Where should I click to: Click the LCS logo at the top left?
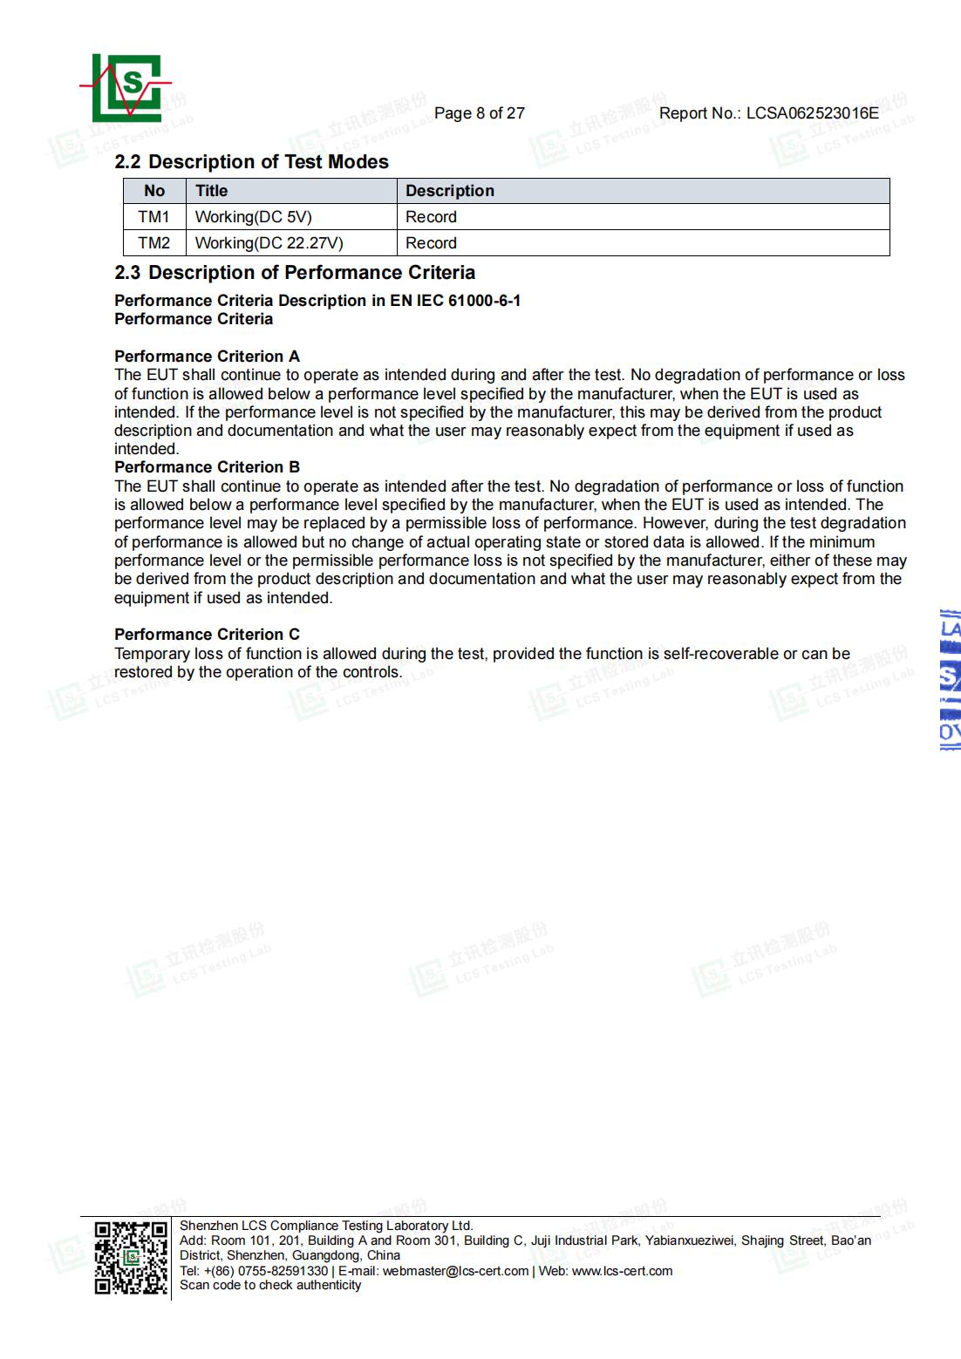click(x=126, y=87)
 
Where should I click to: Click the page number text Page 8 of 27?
click(x=479, y=113)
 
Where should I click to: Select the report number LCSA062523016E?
click(x=812, y=113)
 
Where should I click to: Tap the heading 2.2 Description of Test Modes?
click(x=251, y=162)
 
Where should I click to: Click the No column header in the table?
click(x=154, y=191)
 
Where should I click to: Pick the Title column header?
click(x=211, y=191)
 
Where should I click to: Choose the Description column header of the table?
click(x=449, y=191)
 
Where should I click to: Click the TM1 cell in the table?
click(x=153, y=217)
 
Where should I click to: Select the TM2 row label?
click(x=153, y=243)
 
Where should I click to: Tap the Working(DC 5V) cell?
click(x=253, y=217)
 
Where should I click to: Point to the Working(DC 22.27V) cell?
click(x=269, y=243)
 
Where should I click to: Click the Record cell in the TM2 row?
click(x=431, y=243)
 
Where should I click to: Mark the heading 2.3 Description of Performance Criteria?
click(x=295, y=273)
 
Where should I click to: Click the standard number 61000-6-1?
click(x=483, y=301)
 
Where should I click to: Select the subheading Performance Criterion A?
click(x=207, y=357)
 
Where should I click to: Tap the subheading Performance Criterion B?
click(x=207, y=467)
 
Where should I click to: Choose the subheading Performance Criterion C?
click(x=207, y=635)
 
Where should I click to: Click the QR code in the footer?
click(x=131, y=1258)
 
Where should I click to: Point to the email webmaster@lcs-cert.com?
click(x=455, y=1271)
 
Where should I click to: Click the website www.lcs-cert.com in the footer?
click(x=622, y=1271)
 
